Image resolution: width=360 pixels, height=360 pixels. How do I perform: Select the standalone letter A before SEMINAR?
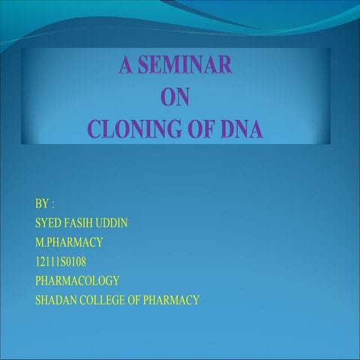124,65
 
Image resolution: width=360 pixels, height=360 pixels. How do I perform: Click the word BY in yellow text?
41,203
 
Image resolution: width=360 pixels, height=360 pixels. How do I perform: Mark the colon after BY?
53,204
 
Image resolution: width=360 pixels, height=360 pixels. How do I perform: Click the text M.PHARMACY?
69,242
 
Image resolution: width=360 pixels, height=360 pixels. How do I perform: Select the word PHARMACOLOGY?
77,281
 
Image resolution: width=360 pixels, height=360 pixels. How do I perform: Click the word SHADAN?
55,301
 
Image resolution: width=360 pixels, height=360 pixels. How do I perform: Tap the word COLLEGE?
103,301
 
